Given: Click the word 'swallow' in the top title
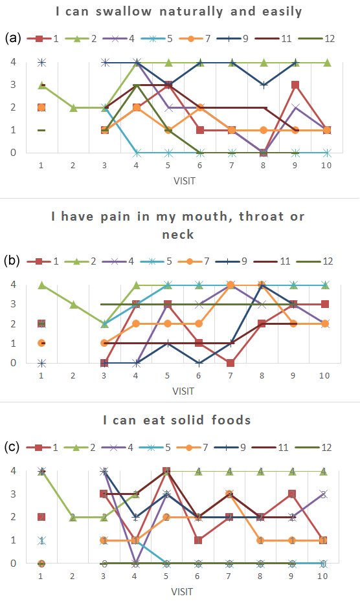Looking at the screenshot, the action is [124, 12].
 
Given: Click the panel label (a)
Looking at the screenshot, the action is [13, 38].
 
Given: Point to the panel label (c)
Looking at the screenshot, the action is [12, 447].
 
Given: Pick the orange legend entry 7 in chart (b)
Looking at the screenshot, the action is [194, 261].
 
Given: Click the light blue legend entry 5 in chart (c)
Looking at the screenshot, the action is [155, 447].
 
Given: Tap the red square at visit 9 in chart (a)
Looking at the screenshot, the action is [295, 85].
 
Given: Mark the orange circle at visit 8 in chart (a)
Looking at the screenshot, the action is [264, 130].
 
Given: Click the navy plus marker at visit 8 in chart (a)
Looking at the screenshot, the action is [264, 85].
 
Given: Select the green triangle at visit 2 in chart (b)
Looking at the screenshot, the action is [73, 305].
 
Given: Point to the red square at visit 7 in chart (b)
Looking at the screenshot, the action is [231, 363].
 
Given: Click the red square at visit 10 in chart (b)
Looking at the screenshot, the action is [325, 304].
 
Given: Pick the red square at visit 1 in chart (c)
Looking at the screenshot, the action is [41, 517].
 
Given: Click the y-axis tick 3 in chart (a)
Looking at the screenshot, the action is [14, 85].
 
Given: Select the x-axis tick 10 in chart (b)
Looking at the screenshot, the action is [324, 375].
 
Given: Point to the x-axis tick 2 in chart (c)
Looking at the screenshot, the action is [73, 576].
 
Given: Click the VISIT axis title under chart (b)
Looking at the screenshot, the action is [183, 391].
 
